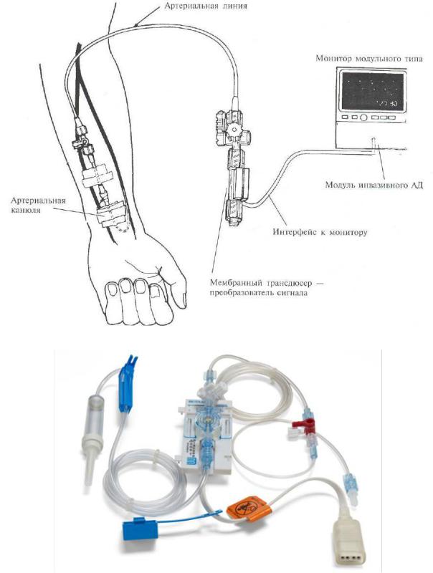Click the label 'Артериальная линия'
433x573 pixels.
206,6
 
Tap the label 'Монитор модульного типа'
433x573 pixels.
369,59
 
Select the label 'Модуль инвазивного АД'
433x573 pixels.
374,185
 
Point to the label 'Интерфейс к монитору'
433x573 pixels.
320,231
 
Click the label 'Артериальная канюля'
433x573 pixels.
39,205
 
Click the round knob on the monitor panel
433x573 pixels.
363,117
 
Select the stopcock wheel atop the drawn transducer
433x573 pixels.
232,129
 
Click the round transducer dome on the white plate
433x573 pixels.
207,420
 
